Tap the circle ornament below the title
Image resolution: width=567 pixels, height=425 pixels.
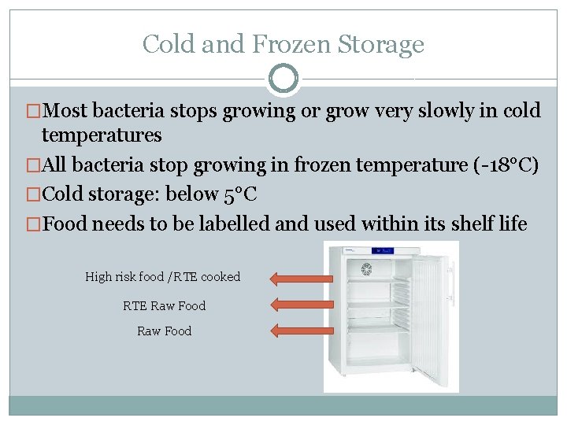pyautogui.click(x=283, y=79)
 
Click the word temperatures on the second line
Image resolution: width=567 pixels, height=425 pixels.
pyautogui.click(x=102, y=135)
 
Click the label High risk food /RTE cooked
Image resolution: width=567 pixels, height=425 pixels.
pyautogui.click(x=162, y=277)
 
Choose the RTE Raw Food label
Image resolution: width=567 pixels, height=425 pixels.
pyautogui.click(x=164, y=305)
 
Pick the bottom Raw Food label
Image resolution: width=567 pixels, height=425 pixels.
pyautogui.click(x=164, y=331)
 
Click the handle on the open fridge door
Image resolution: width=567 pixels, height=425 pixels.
pyautogui.click(x=452, y=276)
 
